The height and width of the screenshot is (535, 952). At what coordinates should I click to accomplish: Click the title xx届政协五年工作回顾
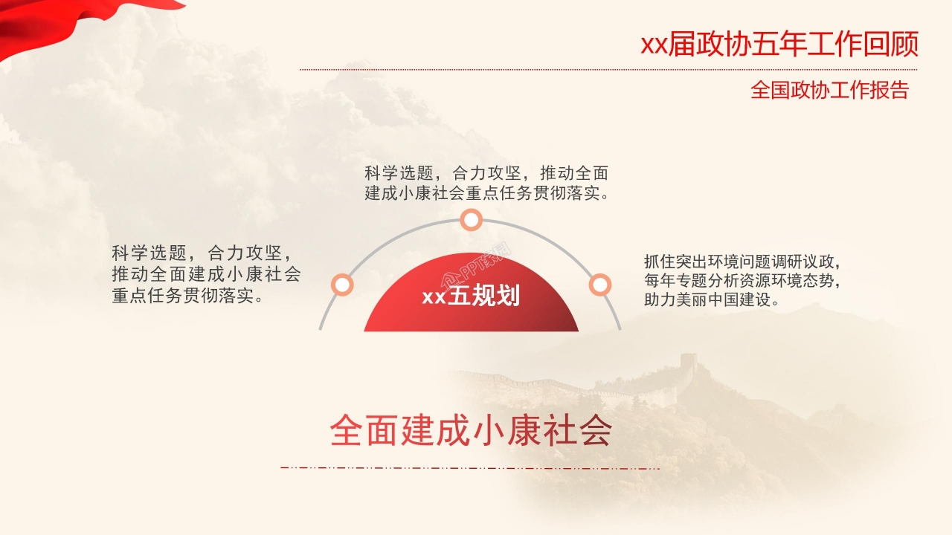(779, 45)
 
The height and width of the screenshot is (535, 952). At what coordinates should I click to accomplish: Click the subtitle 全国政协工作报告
(829, 91)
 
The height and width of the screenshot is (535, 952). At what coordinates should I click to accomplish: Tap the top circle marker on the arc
(471, 220)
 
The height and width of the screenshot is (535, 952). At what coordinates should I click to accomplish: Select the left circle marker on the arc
(342, 284)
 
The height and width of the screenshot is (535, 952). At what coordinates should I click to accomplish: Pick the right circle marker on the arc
(599, 285)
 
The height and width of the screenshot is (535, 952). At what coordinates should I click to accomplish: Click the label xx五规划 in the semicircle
(471, 296)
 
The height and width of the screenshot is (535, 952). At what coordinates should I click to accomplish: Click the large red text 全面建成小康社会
(471, 429)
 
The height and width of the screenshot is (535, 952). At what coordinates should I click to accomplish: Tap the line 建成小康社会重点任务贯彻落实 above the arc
(487, 195)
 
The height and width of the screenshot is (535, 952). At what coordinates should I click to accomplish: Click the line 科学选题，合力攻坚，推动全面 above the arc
(487, 174)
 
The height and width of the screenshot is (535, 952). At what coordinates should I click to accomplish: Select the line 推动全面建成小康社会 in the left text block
(206, 273)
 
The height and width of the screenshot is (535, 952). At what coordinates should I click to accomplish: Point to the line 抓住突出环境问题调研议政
(742, 262)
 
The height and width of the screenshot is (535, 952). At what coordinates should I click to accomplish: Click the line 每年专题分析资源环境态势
(742, 281)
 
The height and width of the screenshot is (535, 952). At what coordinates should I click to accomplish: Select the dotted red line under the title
(608, 70)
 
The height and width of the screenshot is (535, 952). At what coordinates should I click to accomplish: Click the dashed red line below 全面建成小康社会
(469, 468)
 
